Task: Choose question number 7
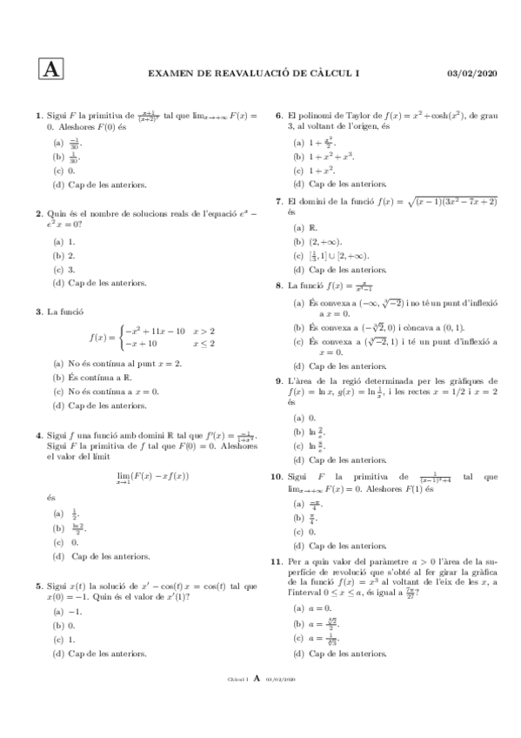click(x=279, y=201)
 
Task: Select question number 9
click(x=279, y=380)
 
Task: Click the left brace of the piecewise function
click(x=118, y=337)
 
